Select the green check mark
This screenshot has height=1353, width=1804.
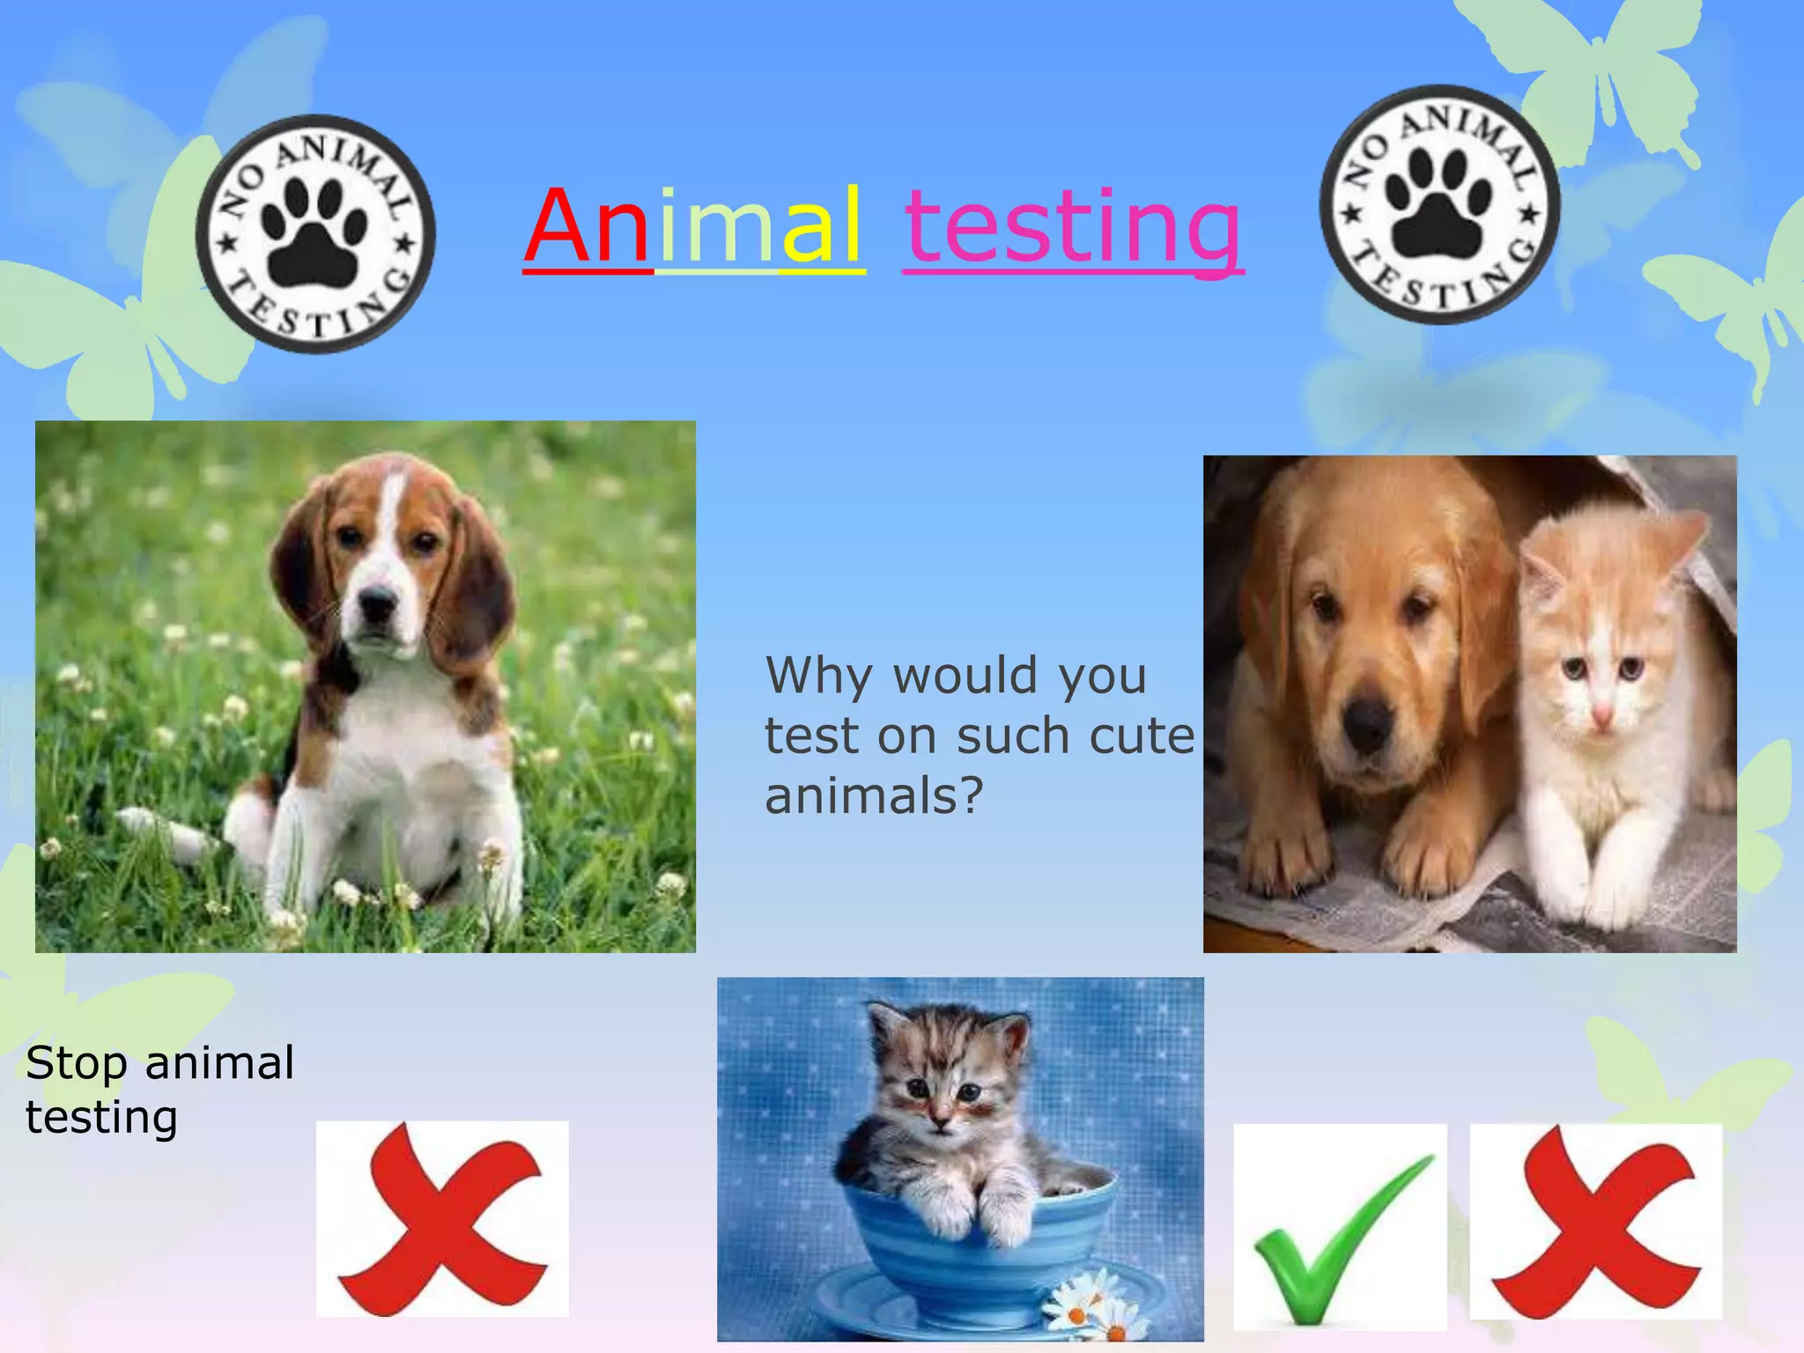[x=1339, y=1233]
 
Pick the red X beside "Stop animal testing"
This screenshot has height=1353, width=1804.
[x=442, y=1219]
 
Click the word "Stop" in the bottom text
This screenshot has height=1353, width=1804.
[x=77, y=1064]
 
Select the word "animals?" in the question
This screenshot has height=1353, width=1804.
[x=873, y=796]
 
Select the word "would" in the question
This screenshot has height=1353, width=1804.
[x=965, y=676]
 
